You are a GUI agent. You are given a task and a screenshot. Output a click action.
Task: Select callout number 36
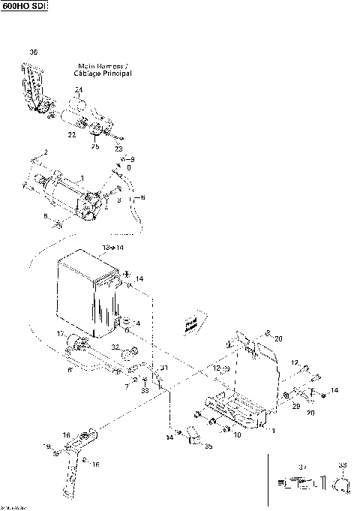[x=33, y=51]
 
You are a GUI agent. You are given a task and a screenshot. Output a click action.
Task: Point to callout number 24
[x=78, y=89]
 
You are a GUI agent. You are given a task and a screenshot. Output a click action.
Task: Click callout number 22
[x=72, y=134]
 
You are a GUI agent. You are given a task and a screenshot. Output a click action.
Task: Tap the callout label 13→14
[x=112, y=246]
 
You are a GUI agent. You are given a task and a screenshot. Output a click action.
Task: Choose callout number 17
[x=61, y=333]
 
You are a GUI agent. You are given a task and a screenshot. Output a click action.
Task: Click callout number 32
[x=115, y=347]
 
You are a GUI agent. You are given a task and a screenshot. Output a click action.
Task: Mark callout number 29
[x=295, y=405]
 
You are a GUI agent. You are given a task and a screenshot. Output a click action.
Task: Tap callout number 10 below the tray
[x=237, y=434]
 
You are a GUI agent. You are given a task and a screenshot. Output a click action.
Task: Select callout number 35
[x=208, y=446]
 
